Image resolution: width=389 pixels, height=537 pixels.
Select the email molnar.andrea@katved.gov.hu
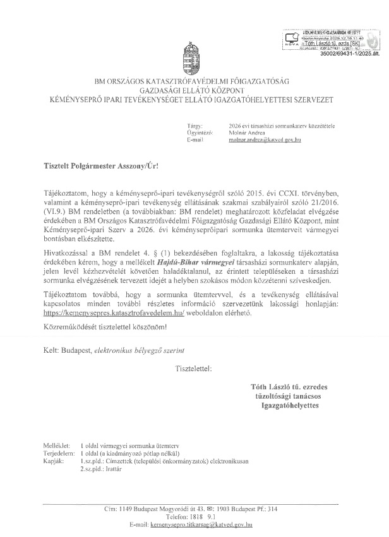[265, 140]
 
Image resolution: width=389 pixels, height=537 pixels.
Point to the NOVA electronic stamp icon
[292, 38]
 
